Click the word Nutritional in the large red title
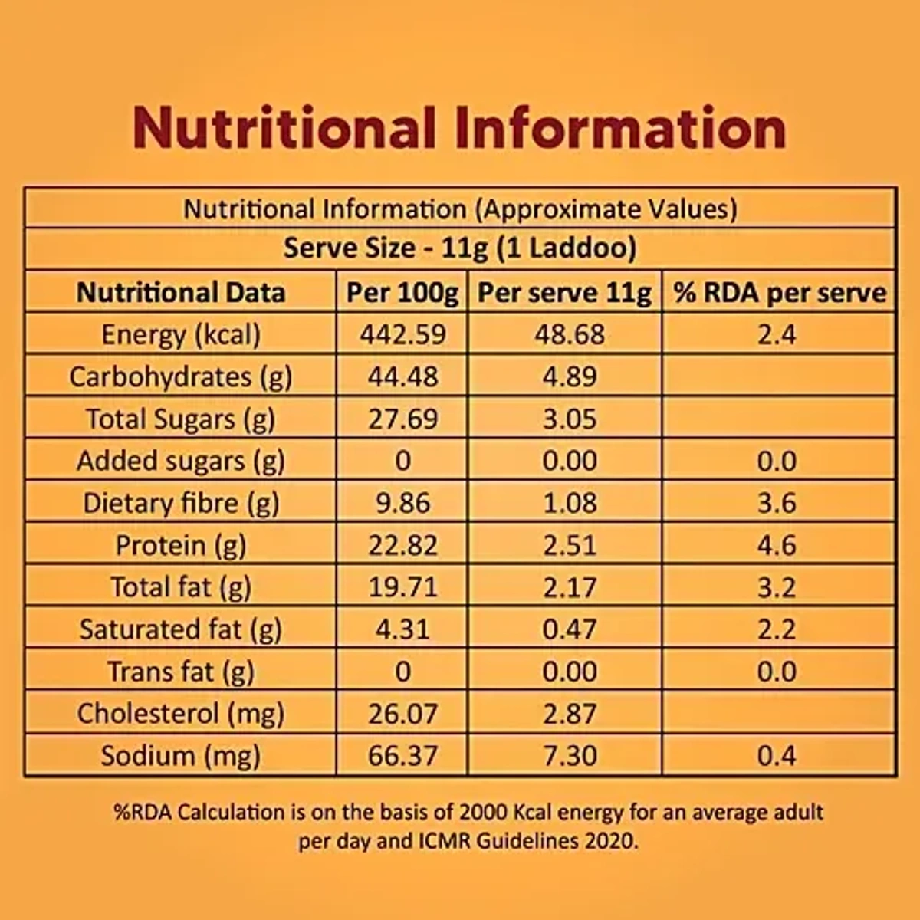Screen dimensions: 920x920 point(284,128)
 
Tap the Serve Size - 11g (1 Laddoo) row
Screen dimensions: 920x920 point(460,248)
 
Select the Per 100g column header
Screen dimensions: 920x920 point(402,292)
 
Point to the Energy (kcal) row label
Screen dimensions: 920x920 point(181,334)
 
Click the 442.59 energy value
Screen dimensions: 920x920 point(402,334)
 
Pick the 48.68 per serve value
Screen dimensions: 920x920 point(569,334)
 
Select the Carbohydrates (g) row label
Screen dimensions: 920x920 point(181,376)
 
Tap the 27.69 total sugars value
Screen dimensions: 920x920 point(402,419)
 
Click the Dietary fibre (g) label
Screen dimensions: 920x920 point(181,503)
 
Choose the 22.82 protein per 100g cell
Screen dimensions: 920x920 point(402,545)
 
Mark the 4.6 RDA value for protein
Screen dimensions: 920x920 point(777,545)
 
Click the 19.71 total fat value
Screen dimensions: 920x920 point(402,587)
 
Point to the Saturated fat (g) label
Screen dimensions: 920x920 point(181,629)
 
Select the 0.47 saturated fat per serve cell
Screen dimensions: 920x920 point(569,629)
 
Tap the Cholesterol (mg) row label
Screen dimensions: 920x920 point(181,714)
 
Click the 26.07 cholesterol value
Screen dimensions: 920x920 point(402,714)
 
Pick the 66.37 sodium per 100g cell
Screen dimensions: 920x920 point(402,756)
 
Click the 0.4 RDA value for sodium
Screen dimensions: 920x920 point(777,756)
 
